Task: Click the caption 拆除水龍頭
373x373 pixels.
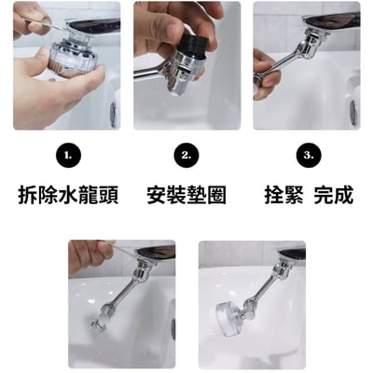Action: point(68,197)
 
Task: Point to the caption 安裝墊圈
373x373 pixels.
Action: point(186,197)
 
